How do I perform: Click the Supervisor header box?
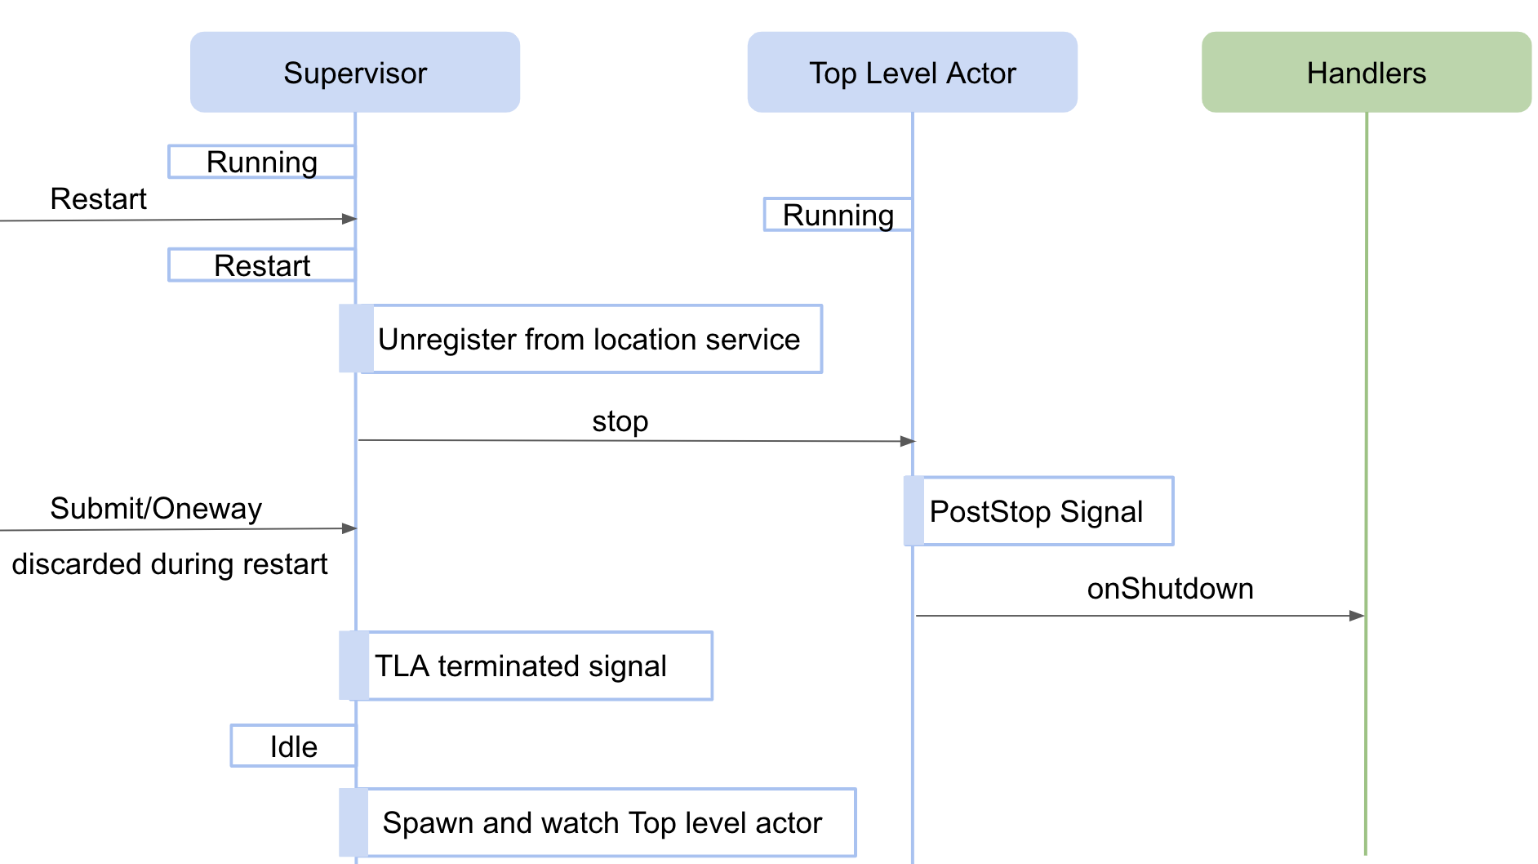pyautogui.click(x=355, y=73)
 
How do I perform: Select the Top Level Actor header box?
pyautogui.click(x=912, y=73)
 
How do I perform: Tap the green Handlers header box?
pyautogui.click(x=1366, y=73)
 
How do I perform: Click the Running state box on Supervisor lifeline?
pyautogui.click(x=261, y=162)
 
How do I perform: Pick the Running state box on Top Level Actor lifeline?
pyautogui.click(x=838, y=215)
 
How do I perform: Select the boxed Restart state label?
pyautogui.click(x=261, y=265)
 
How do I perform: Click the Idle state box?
pyautogui.click(x=293, y=746)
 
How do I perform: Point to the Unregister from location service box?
pyautogui.click(x=588, y=339)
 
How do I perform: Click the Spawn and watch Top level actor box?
pyautogui.click(x=602, y=822)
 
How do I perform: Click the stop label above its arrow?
pyautogui.click(x=620, y=421)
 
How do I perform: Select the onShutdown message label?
pyautogui.click(x=1170, y=589)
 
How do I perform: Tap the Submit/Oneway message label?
pyautogui.click(x=156, y=508)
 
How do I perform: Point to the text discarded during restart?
pyautogui.click(x=169, y=563)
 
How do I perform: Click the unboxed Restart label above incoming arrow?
pyautogui.click(x=98, y=198)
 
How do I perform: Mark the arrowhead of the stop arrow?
pyautogui.click(x=908, y=441)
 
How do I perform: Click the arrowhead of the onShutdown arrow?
pyautogui.click(x=1357, y=616)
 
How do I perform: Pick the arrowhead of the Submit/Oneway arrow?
pyautogui.click(x=349, y=528)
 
